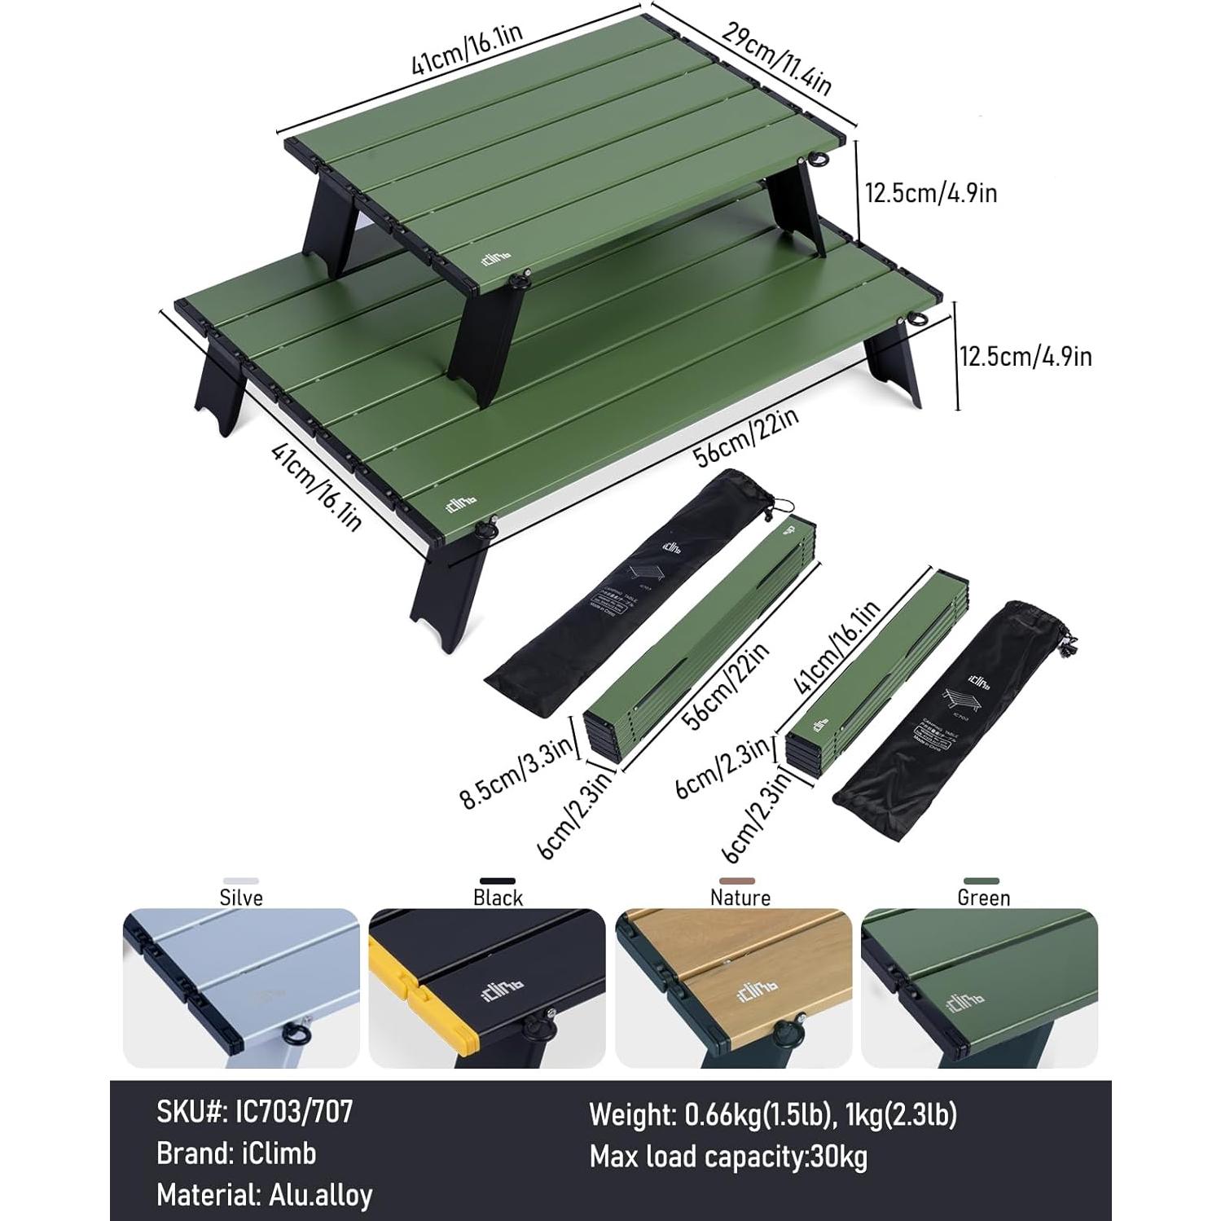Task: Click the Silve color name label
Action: [x=241, y=898]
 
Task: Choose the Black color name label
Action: [x=498, y=898]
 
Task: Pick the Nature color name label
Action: [x=740, y=898]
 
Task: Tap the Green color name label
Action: [x=983, y=898]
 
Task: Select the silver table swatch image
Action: [x=241, y=988]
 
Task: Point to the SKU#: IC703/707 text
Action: [x=255, y=1112]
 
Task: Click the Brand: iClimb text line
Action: [x=236, y=1153]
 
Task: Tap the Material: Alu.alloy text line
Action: [x=265, y=1195]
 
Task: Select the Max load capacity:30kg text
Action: [x=728, y=1157]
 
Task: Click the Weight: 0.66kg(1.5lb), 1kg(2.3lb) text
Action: [x=773, y=1113]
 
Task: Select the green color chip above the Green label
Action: [x=981, y=881]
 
